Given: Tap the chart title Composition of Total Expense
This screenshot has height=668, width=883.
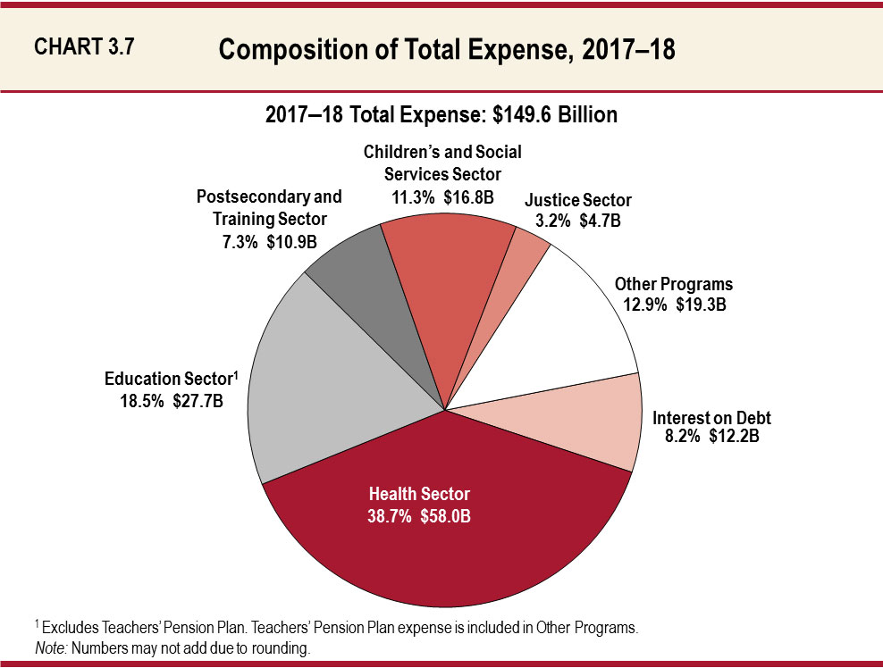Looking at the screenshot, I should tap(446, 50).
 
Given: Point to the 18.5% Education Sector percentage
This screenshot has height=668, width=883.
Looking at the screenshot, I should tap(140, 402).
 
